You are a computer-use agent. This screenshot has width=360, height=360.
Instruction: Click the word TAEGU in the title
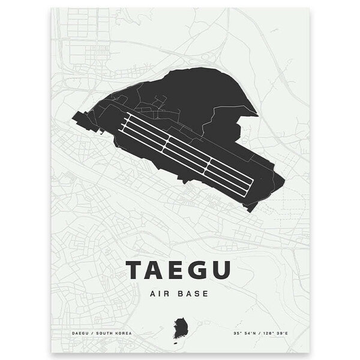(178, 271)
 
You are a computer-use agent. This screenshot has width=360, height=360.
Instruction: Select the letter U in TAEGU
(220, 271)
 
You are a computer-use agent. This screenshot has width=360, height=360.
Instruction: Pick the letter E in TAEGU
(178, 271)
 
